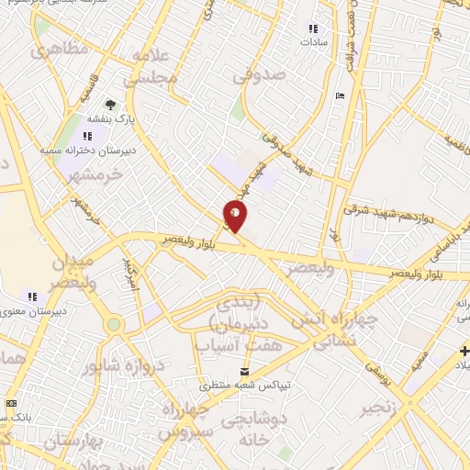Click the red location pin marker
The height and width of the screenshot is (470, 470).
coord(236,217)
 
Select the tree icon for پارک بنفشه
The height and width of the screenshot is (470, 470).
coord(111,105)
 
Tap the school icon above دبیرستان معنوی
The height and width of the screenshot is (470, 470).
coord(32,296)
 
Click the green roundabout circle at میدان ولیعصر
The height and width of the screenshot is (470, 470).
coord(113,324)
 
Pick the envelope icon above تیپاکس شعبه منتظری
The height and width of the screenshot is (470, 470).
coord(244,371)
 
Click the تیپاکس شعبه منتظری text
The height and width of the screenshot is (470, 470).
coord(243,386)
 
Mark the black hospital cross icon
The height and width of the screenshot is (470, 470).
coord(463,351)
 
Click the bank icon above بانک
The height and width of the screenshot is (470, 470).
coord(10,403)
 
